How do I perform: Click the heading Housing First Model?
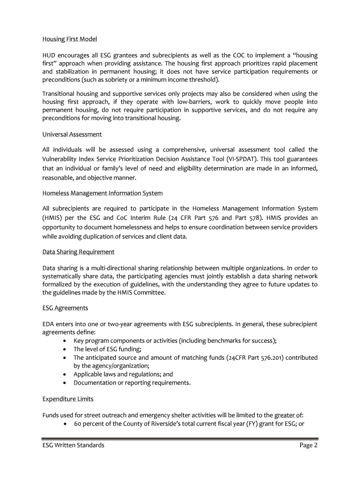[69, 39]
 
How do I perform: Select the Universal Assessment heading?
[72, 134]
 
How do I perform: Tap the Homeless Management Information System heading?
[102, 193]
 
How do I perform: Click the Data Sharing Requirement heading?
[78, 252]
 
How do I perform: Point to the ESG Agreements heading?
[65, 308]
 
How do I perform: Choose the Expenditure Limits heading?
[68, 399]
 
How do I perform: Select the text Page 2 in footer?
[309, 445]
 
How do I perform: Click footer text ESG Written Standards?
[73, 445]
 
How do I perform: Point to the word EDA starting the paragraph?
[49, 324]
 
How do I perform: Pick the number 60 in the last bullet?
[78, 424]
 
